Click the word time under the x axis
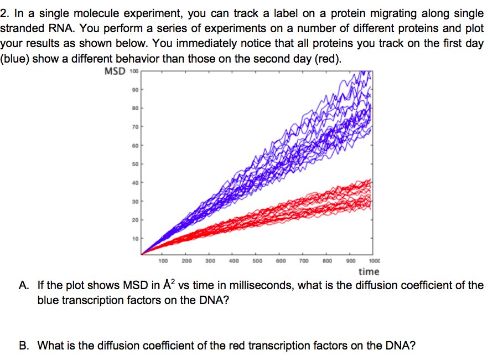point(369,271)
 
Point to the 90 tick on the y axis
point(134,89)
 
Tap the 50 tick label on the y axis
point(134,164)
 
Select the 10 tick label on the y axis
point(134,239)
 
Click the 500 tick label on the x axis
point(257,260)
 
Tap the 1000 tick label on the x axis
point(374,260)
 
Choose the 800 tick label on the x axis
point(327,260)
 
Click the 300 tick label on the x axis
point(210,260)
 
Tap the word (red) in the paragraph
point(328,59)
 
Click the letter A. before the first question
point(24,286)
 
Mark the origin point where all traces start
point(142,254)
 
